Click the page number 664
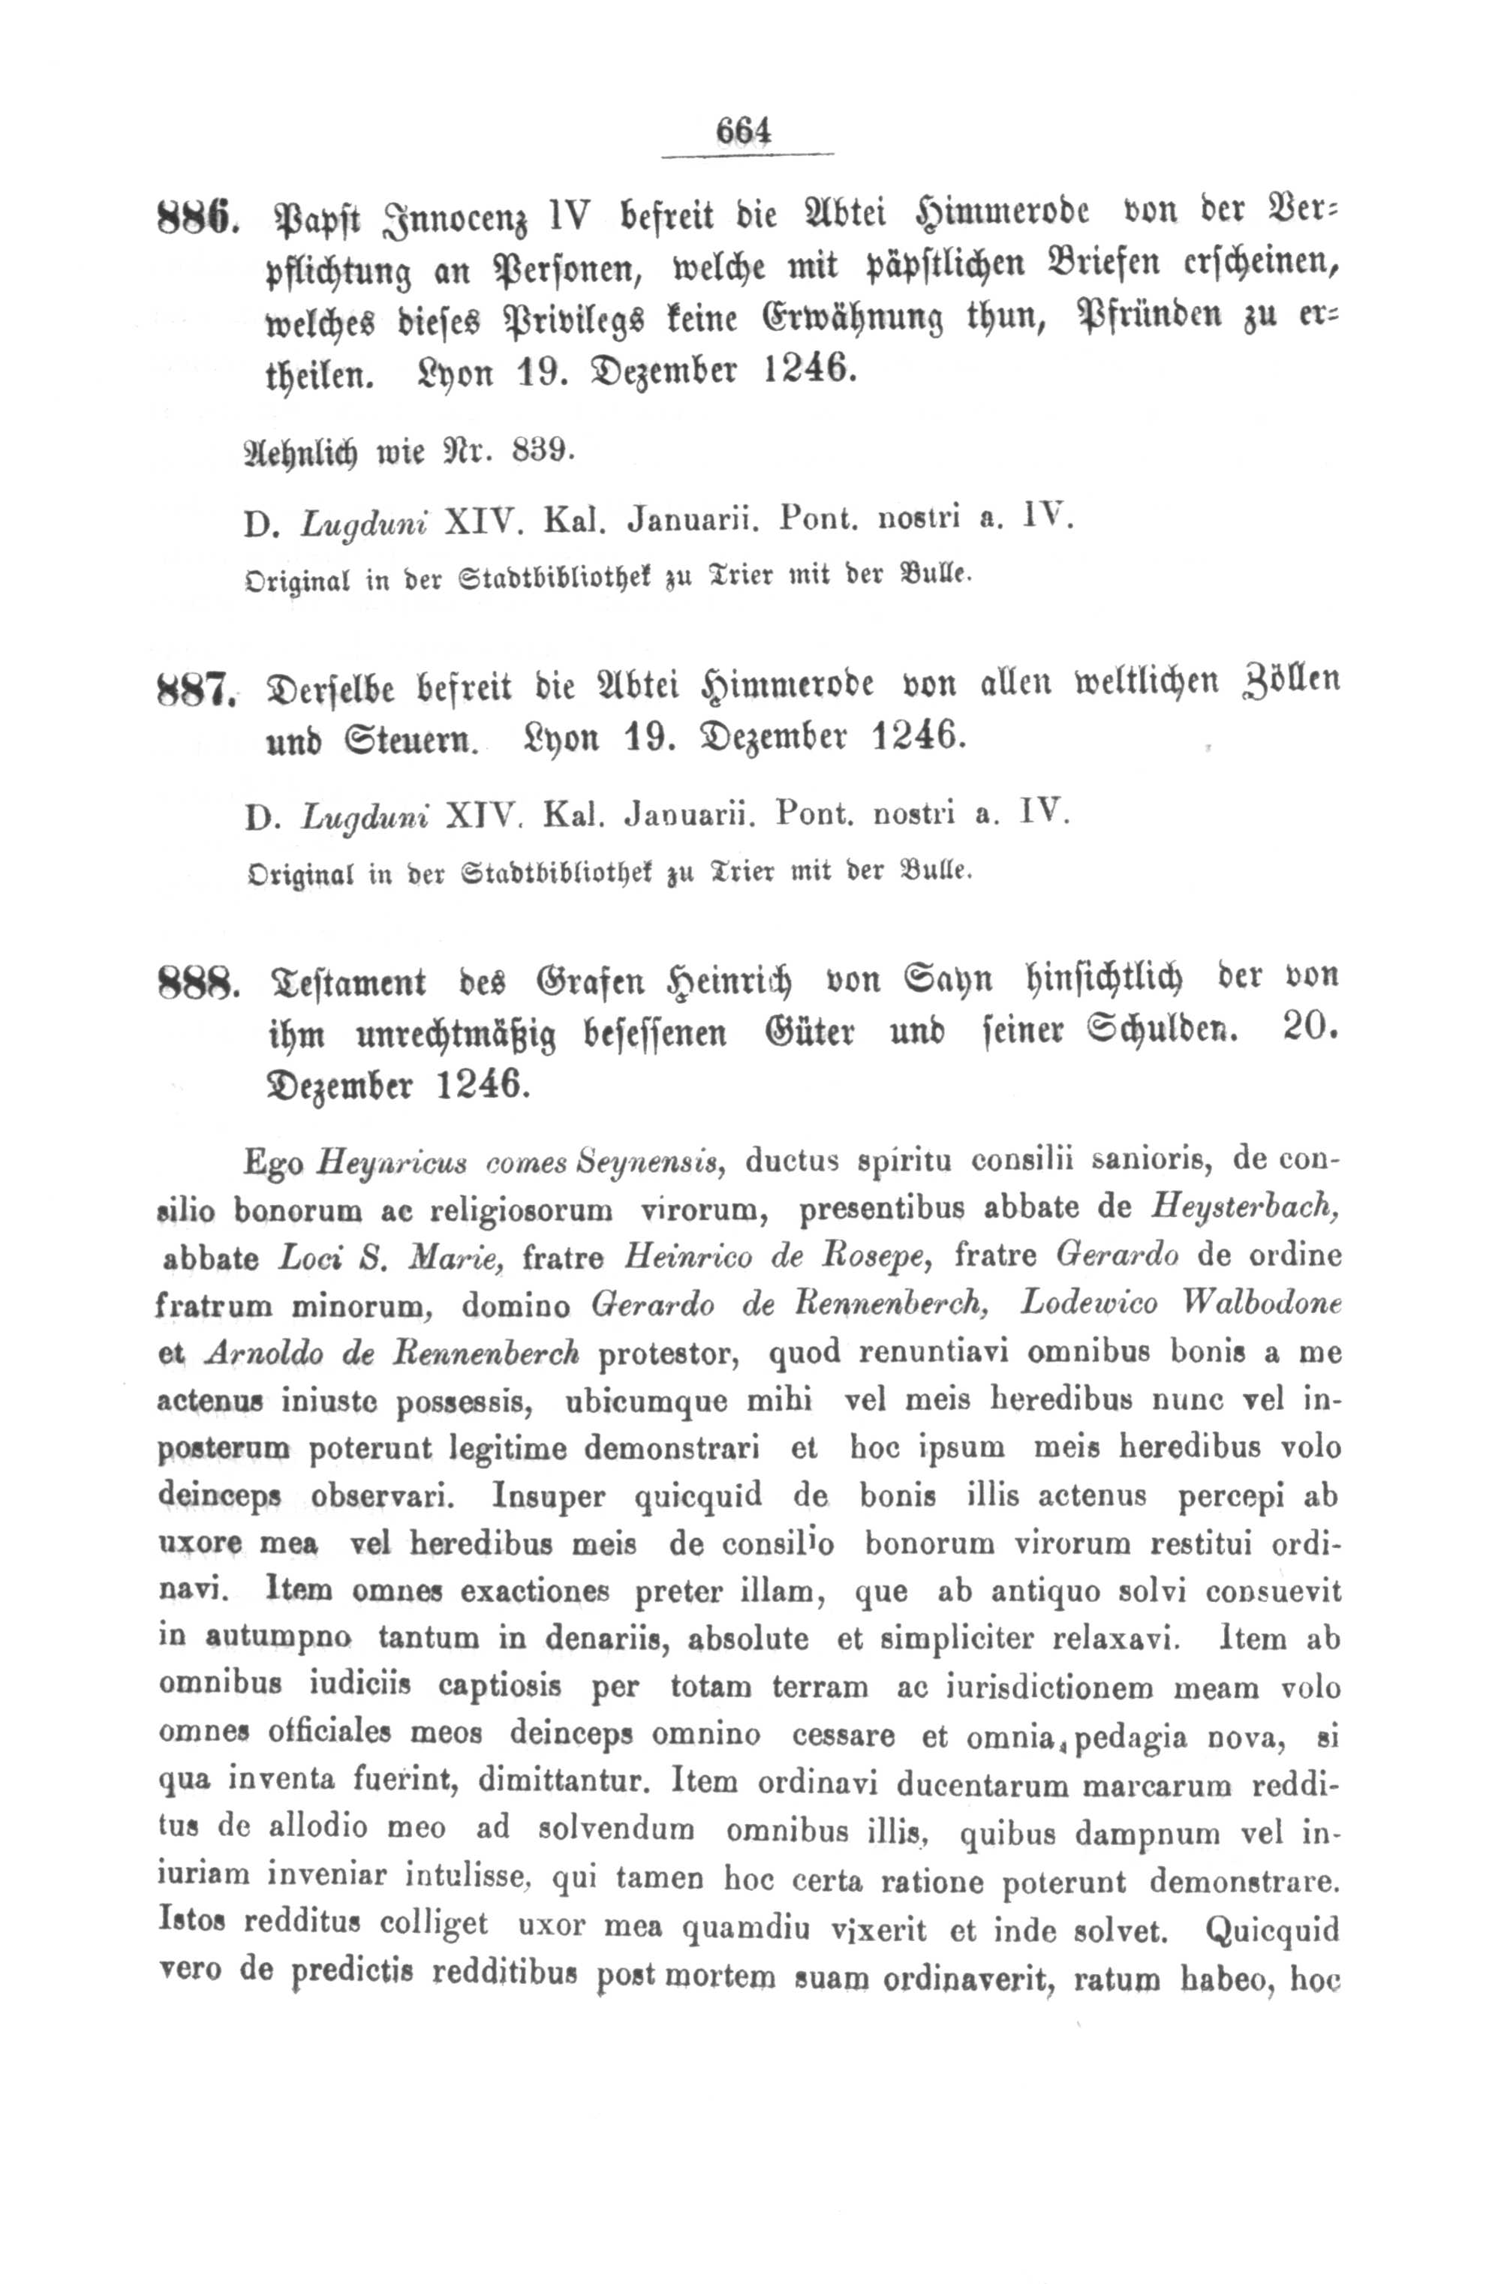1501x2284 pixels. (744, 131)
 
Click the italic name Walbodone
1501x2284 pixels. (1249, 1305)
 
